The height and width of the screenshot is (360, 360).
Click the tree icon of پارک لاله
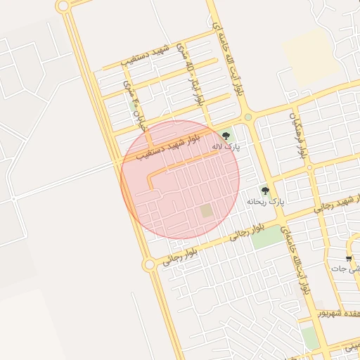click(225, 136)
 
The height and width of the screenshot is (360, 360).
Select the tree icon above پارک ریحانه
click(265, 191)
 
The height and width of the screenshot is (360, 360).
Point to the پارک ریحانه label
click(266, 202)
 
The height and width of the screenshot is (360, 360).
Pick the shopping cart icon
click(349, 259)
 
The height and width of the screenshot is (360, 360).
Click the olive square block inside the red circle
click(206, 211)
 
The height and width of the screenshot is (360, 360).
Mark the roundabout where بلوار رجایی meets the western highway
click(148, 264)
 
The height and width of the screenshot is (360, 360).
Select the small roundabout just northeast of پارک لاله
click(247, 117)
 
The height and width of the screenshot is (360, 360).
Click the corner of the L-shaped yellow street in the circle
click(150, 188)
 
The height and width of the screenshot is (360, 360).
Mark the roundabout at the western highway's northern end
click(63, 6)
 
